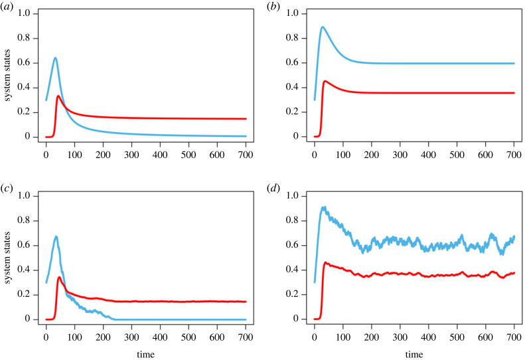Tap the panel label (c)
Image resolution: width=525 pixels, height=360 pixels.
point(8,186)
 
